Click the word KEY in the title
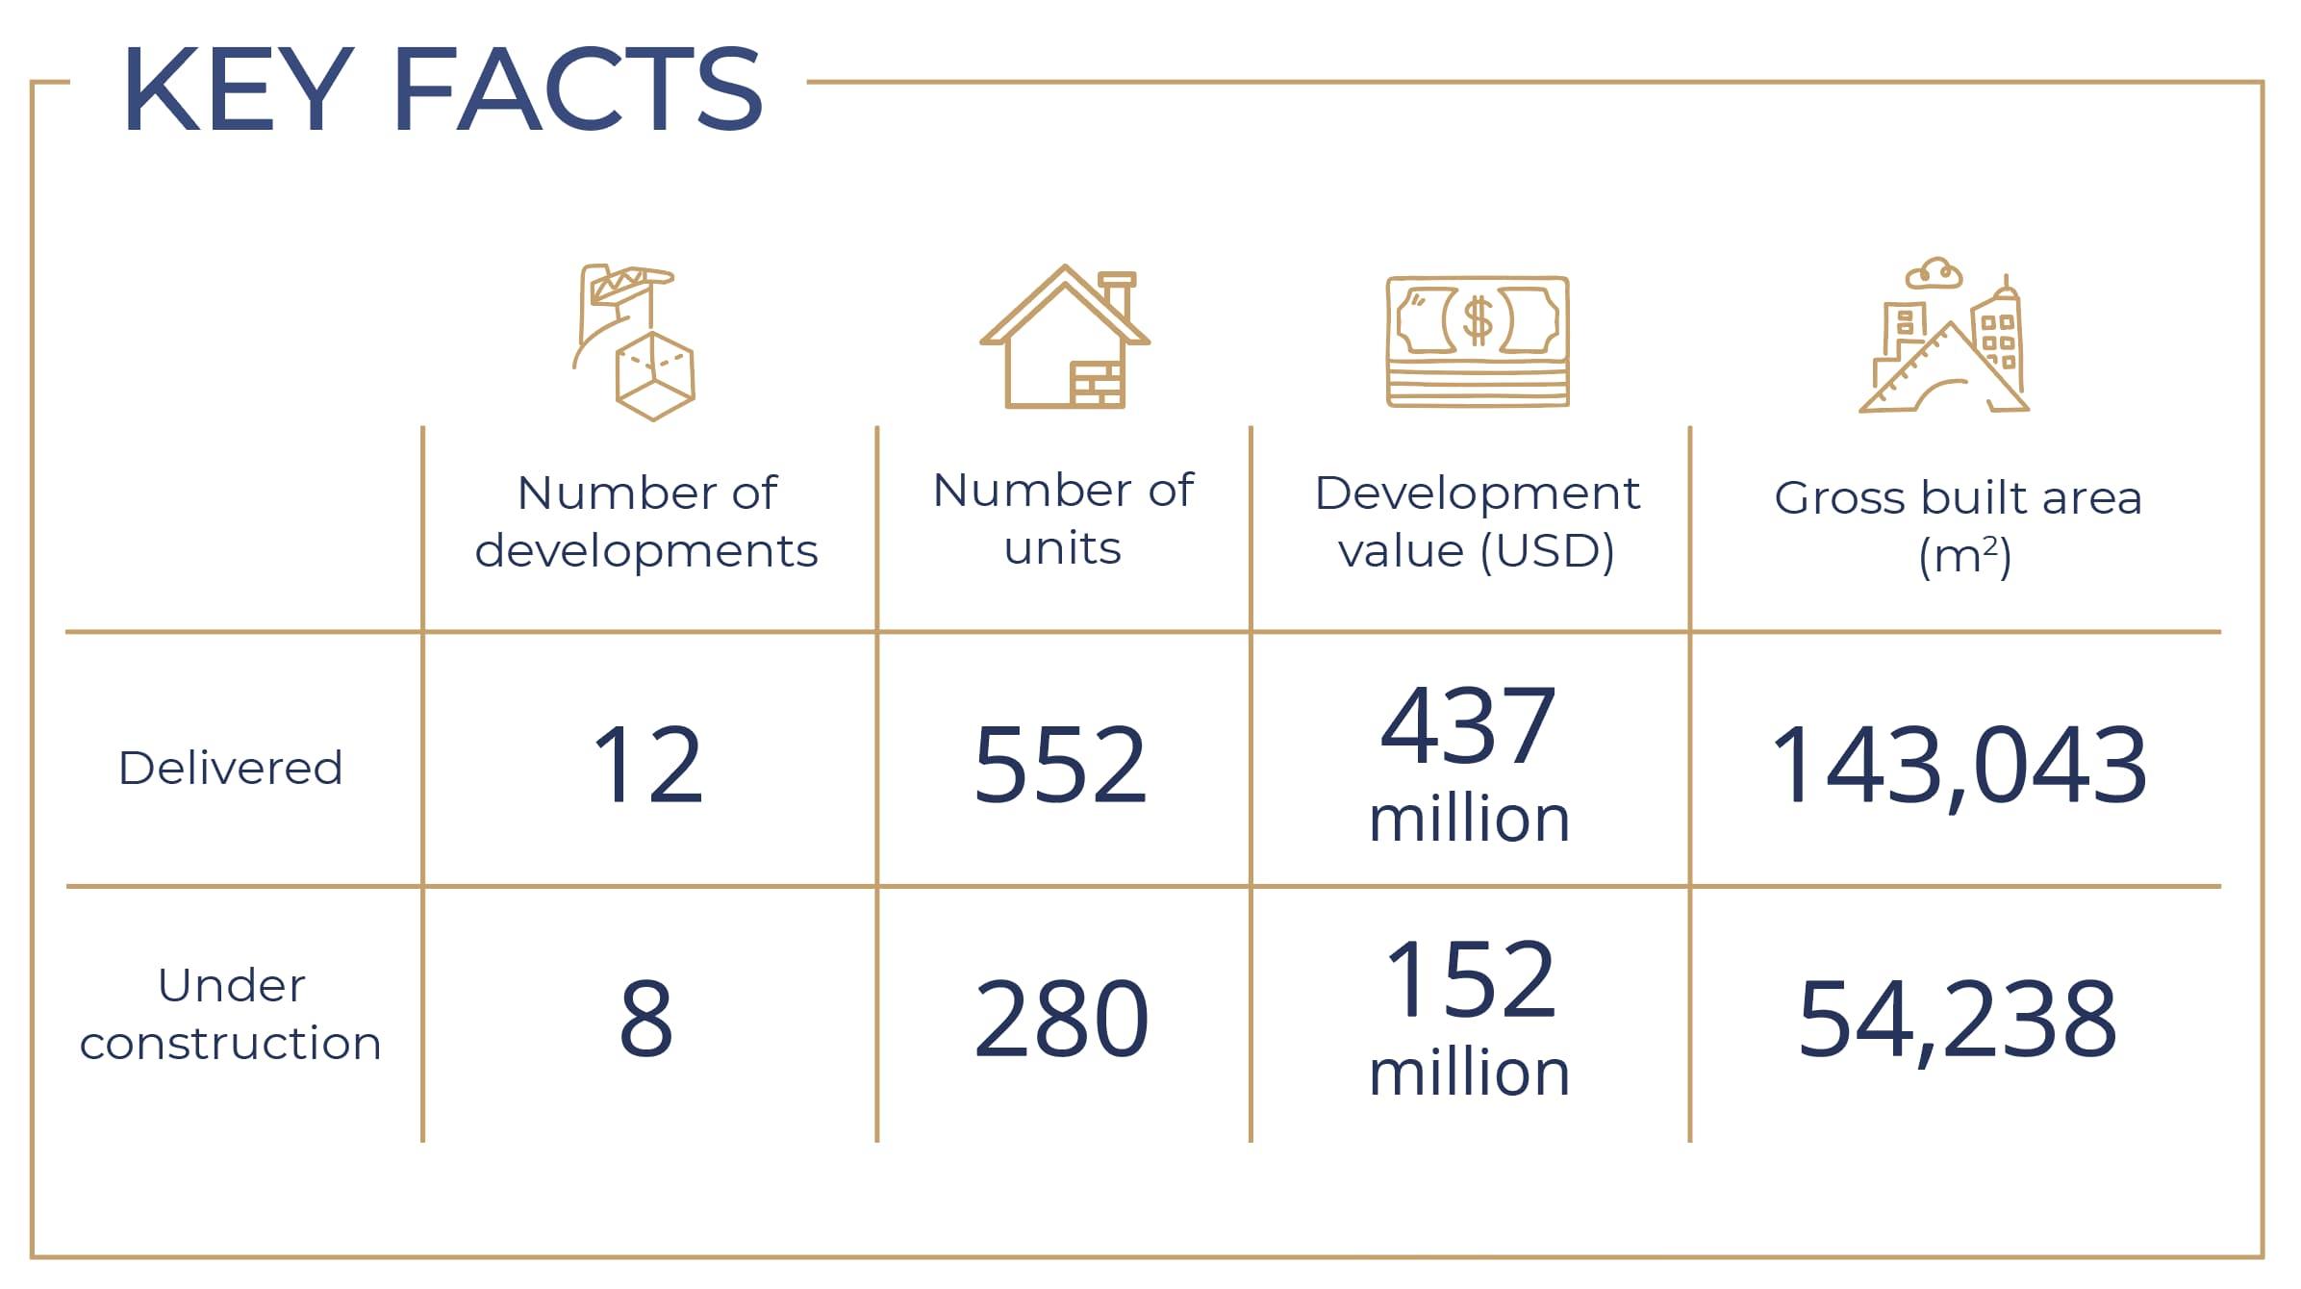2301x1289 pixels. tap(237, 88)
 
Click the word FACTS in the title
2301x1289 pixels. tap(578, 88)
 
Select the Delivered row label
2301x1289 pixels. tap(231, 768)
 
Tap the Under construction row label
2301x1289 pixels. tap(231, 1014)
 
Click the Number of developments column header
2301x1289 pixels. tap(646, 521)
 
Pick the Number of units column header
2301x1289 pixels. tap(1063, 519)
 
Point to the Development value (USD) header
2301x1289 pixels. tap(1477, 521)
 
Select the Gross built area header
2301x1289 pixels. tap(1959, 525)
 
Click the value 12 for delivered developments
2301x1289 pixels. tap(648, 766)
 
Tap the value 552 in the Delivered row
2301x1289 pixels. tap(1060, 766)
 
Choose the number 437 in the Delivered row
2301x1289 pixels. tap(1469, 725)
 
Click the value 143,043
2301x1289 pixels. tap(1959, 766)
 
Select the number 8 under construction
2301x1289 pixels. tap(646, 1020)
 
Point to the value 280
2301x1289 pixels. tap(1061, 1020)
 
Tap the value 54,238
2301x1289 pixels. tap(1959, 1020)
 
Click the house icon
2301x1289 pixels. tap(1064, 339)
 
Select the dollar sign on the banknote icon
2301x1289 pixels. tap(1478, 321)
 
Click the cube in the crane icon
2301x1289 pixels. tap(654, 376)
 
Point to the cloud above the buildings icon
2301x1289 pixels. tap(1934, 273)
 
